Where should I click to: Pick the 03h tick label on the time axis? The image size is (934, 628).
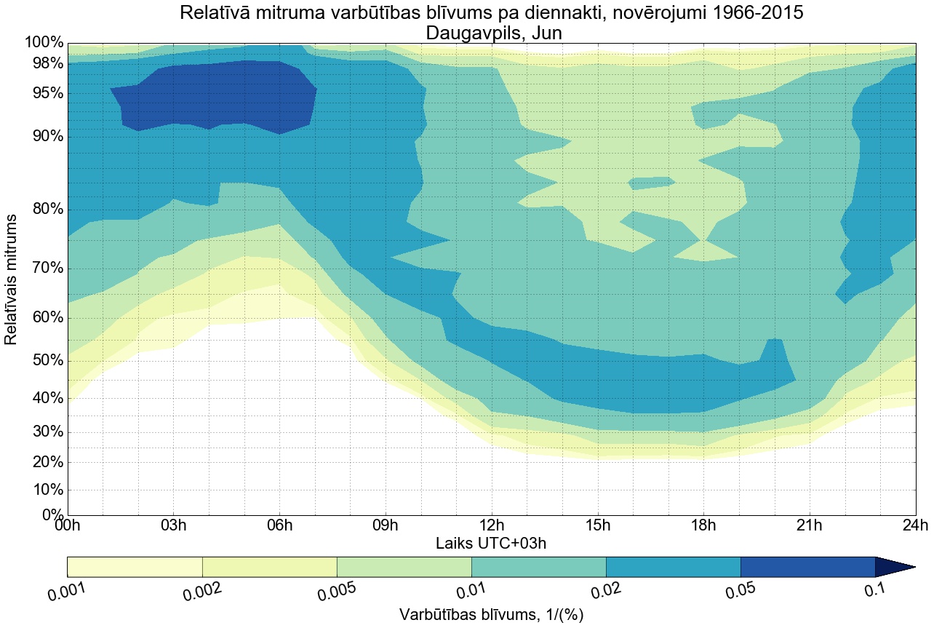click(x=173, y=525)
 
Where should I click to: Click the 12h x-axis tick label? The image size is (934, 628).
click(x=492, y=525)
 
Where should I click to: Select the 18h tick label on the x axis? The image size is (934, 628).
click(x=703, y=525)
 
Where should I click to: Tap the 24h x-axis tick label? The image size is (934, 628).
click(x=915, y=525)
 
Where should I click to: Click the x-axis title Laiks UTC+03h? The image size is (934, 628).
click(x=492, y=543)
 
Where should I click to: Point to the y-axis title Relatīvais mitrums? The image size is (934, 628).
click(x=12, y=279)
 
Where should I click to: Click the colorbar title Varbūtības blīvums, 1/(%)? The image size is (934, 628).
click(x=492, y=614)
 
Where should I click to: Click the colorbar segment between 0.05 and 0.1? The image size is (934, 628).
click(x=807, y=567)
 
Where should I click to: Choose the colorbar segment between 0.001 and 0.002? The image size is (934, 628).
click(x=135, y=567)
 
